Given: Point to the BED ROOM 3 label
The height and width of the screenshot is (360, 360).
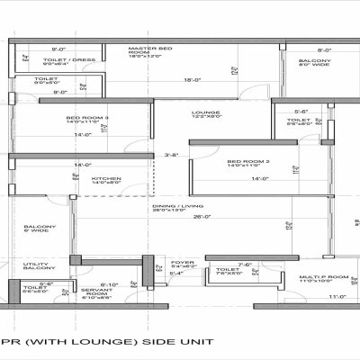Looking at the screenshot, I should [x=86, y=120].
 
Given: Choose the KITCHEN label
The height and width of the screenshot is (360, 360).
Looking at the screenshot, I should [x=106, y=179].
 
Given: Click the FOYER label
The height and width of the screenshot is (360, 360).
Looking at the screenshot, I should [x=184, y=263].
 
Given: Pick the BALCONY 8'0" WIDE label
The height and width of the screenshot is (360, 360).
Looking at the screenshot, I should [x=314, y=63].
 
